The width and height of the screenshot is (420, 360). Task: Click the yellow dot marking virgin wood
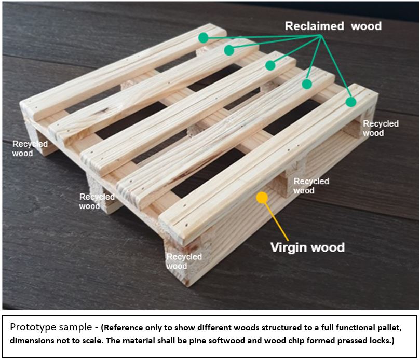[262, 197]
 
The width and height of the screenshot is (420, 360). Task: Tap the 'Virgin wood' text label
[307, 247]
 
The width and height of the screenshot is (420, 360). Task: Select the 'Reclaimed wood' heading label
[333, 26]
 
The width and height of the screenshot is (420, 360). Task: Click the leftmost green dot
[203, 38]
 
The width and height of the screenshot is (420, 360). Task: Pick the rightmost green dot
[351, 102]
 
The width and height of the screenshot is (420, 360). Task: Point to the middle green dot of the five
[270, 65]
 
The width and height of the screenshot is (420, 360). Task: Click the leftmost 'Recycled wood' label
[30, 148]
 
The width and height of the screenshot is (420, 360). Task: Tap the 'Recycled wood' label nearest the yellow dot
[311, 186]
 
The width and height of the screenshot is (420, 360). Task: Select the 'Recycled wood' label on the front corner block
[184, 261]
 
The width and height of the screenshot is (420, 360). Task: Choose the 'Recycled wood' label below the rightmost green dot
[381, 128]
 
